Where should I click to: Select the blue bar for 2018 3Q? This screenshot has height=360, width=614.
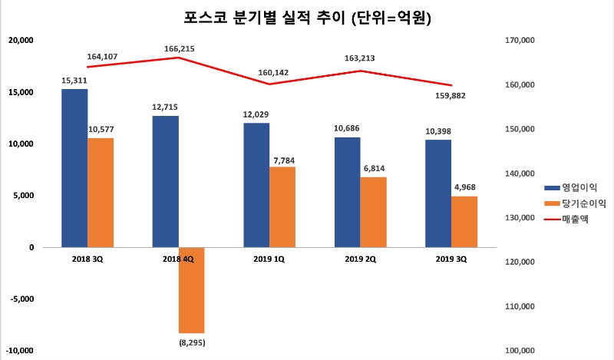click(74, 168)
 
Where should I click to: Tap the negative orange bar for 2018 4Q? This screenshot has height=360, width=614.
click(192, 289)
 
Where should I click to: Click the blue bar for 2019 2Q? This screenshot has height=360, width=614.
click(347, 192)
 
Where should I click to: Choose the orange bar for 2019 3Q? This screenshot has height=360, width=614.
click(464, 221)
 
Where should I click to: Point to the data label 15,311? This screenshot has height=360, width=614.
click(74, 80)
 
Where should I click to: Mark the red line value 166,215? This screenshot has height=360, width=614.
click(179, 49)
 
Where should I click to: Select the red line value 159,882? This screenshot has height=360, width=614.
click(449, 96)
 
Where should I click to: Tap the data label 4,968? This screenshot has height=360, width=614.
click(464, 187)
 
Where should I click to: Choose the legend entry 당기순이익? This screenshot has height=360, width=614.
click(576, 203)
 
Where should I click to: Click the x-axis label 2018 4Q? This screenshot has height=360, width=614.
click(177, 259)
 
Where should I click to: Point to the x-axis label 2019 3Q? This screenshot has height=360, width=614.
click(451, 259)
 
